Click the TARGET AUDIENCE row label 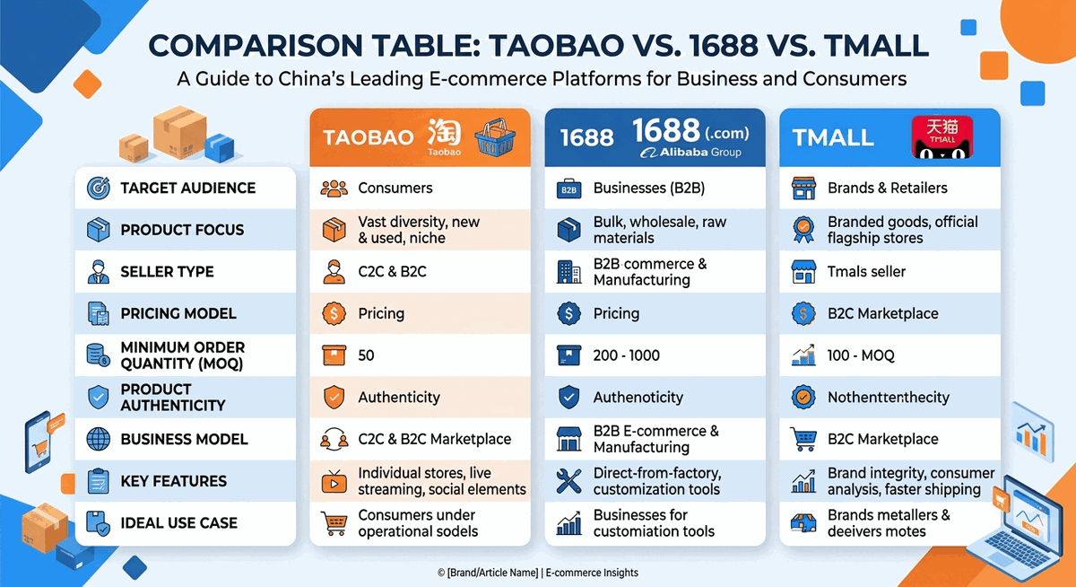187,188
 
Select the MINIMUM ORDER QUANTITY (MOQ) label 182,355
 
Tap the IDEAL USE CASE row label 178,523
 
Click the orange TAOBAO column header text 368,137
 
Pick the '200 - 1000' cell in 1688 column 626,355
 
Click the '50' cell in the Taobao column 366,355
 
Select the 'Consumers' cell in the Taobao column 395,188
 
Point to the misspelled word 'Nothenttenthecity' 888,398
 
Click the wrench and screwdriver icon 568,481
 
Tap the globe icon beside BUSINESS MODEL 97,440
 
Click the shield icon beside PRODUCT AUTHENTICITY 97,398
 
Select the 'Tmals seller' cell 866,272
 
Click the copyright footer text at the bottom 538,573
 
